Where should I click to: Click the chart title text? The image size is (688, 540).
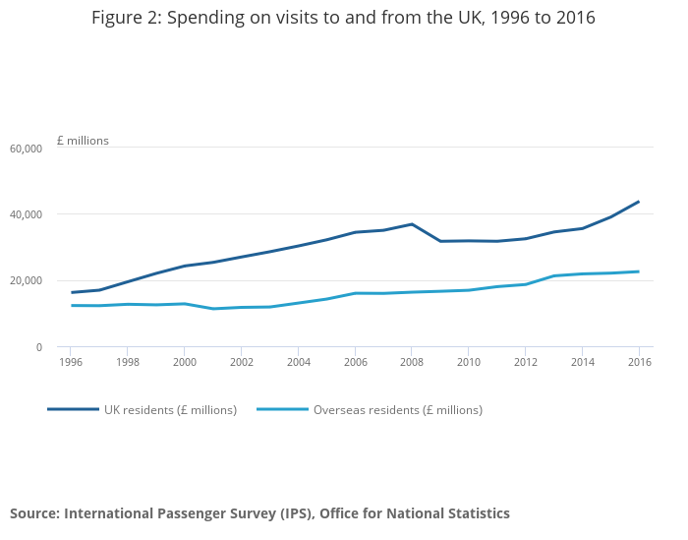[343, 18]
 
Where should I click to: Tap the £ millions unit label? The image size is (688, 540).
[83, 141]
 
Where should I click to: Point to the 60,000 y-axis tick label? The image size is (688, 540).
[26, 149]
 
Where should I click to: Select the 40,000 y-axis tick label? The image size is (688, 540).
[26, 214]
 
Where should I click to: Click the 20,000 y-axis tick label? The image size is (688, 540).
[26, 281]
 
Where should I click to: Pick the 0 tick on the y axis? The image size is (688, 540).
[38, 347]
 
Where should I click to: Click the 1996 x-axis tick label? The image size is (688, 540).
[71, 362]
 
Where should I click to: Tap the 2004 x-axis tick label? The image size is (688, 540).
[299, 362]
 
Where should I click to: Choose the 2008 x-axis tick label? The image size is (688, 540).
[412, 362]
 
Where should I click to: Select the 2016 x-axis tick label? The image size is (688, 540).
[639, 362]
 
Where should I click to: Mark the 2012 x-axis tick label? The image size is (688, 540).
[526, 362]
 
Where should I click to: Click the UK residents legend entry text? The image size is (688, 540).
[170, 410]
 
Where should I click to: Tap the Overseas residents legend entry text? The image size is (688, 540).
[398, 410]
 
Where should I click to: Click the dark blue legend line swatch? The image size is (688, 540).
[73, 409]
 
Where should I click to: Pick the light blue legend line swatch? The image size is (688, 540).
[282, 409]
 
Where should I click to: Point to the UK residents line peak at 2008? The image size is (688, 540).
[412, 224]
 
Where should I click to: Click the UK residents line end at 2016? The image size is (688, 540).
[639, 202]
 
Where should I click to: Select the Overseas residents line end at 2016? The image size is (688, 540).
[639, 271]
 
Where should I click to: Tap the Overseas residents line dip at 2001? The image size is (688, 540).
[213, 309]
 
